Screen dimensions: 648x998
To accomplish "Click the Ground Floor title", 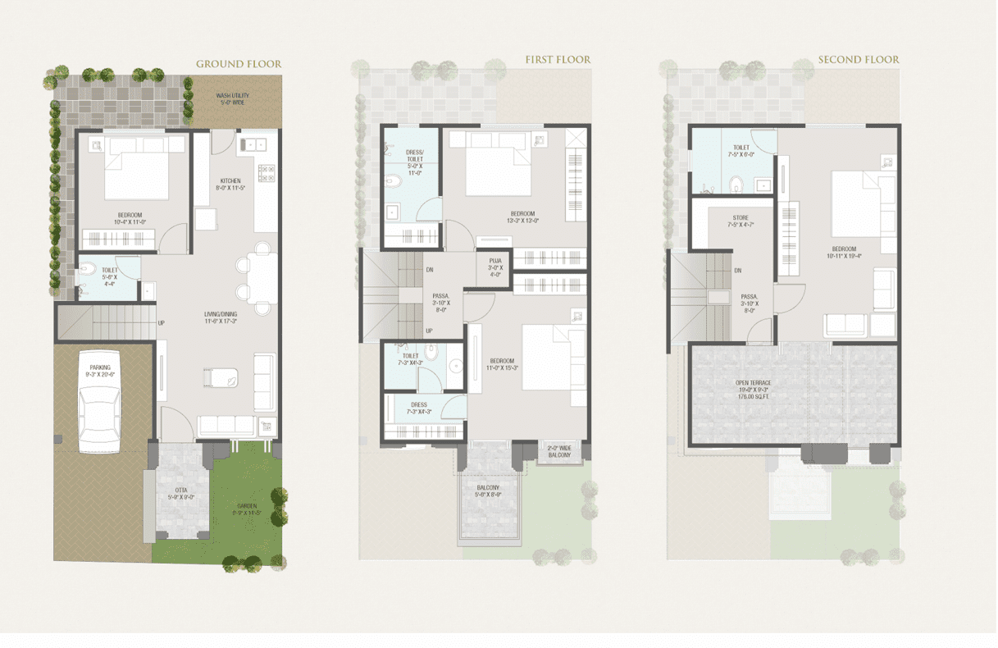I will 238,64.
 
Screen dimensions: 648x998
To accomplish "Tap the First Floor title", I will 558,60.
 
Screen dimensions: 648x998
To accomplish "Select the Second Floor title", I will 859,60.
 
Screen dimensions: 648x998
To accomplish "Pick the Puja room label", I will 495,267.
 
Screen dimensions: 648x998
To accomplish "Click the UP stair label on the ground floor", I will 161,322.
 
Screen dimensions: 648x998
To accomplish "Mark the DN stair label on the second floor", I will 738,271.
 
